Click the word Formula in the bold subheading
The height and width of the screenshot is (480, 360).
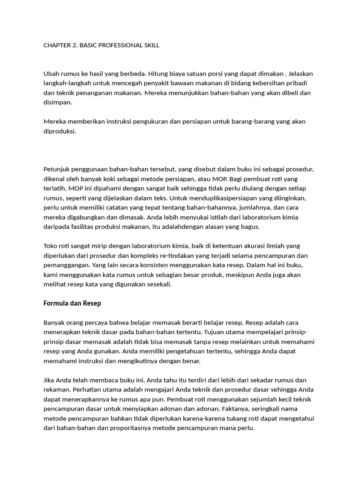point(56,303)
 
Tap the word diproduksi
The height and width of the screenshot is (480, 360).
point(60,131)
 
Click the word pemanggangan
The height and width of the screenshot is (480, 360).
point(66,265)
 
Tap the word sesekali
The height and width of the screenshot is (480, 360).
point(158,284)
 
